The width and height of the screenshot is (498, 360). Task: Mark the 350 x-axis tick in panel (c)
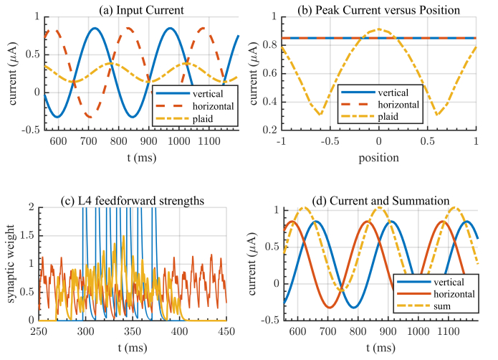pos(133,331)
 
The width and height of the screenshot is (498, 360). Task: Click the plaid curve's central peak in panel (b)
pos(379,30)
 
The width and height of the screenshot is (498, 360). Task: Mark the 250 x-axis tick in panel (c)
pos(39,331)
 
